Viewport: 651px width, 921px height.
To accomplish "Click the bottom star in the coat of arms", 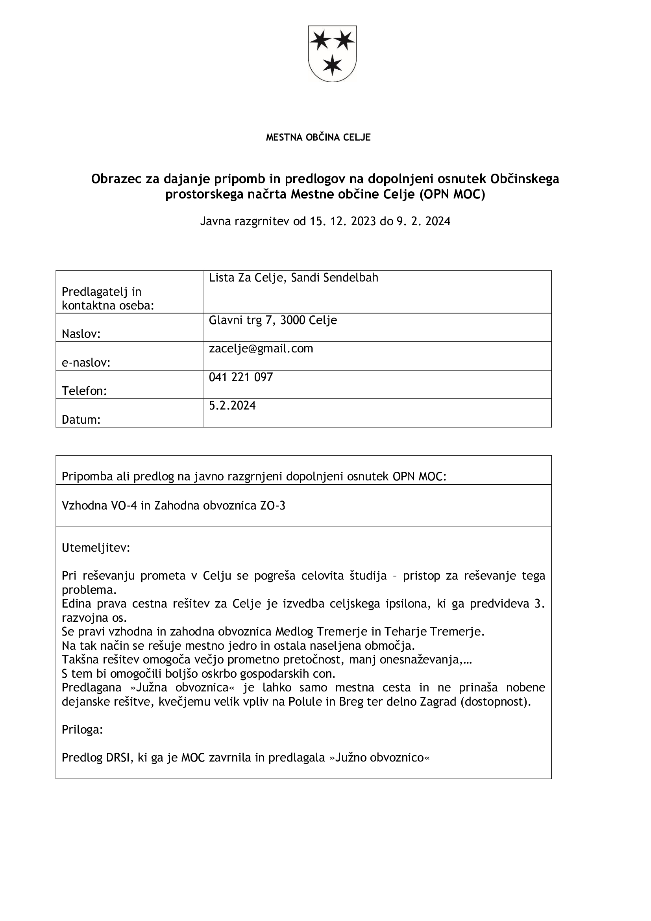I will [332, 65].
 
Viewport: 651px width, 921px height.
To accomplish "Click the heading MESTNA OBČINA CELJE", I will [318, 137].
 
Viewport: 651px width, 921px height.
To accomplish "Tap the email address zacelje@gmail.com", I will [261, 349].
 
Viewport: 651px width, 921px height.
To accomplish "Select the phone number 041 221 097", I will [240, 378].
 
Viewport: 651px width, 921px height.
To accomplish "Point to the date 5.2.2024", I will [232, 406].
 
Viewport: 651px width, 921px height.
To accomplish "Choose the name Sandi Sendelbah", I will [334, 278].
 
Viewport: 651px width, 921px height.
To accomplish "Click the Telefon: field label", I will [84, 391].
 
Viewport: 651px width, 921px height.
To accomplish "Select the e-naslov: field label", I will [86, 363].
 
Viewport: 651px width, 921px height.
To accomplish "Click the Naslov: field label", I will [81, 334].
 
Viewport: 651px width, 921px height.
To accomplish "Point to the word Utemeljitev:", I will [96, 548].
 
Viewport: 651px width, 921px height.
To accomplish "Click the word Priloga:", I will [82, 730].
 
